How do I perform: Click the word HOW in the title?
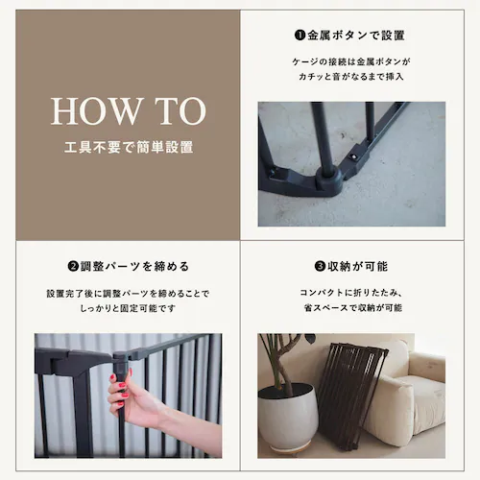[x=95, y=110]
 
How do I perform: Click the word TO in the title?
[x=180, y=110]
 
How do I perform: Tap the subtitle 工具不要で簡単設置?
[x=129, y=148]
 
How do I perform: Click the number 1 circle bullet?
[x=300, y=35]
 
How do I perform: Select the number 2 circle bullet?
[x=73, y=266]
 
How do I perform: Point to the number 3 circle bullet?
[x=320, y=266]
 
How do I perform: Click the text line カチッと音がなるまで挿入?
[x=351, y=77]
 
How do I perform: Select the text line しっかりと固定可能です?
[x=128, y=308]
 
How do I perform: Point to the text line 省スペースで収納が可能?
[x=353, y=308]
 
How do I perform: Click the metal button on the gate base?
[x=353, y=156]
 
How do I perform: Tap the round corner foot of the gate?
[x=329, y=180]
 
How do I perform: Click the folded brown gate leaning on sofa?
[x=352, y=396]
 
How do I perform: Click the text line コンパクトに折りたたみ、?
[x=351, y=293]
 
